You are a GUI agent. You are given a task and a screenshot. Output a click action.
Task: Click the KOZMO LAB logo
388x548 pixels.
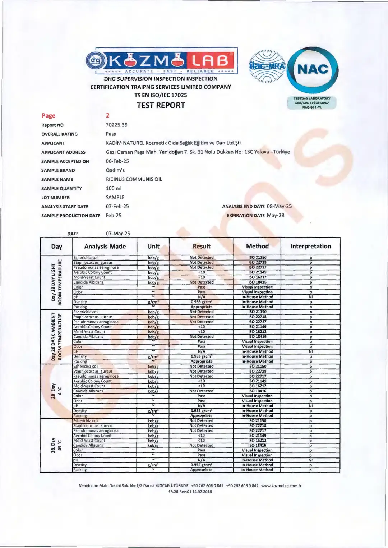162,60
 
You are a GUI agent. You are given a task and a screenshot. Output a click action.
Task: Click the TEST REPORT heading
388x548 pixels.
161,105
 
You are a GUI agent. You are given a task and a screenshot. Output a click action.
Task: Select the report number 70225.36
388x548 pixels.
116,125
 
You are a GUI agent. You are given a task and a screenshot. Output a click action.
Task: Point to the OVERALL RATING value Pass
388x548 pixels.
111,134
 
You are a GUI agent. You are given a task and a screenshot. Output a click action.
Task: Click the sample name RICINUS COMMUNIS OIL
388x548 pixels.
134,179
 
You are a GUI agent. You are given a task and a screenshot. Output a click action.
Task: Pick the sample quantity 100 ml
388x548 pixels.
114,188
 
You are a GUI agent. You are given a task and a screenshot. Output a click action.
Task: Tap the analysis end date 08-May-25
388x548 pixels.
279,206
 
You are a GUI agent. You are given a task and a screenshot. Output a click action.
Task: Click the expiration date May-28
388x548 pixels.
275,215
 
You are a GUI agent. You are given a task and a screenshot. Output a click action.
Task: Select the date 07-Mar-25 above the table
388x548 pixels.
118,234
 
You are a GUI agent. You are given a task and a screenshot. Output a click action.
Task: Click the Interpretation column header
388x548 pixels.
310,246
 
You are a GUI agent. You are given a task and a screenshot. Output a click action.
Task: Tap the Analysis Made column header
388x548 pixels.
105,246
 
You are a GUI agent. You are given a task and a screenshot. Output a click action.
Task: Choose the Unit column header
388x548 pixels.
153,246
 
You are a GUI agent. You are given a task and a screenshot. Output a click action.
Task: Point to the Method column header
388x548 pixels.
257,246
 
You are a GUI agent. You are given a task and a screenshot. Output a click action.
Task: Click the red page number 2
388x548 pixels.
107,115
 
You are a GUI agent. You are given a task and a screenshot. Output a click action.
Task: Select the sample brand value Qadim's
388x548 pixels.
115,170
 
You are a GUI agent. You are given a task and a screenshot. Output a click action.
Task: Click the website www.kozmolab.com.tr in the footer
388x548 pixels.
281,486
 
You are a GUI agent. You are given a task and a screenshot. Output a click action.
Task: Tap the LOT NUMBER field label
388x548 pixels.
55,198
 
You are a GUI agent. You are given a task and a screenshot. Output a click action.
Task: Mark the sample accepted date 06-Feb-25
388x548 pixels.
117,161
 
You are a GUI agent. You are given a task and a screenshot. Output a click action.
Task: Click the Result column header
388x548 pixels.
202,246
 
